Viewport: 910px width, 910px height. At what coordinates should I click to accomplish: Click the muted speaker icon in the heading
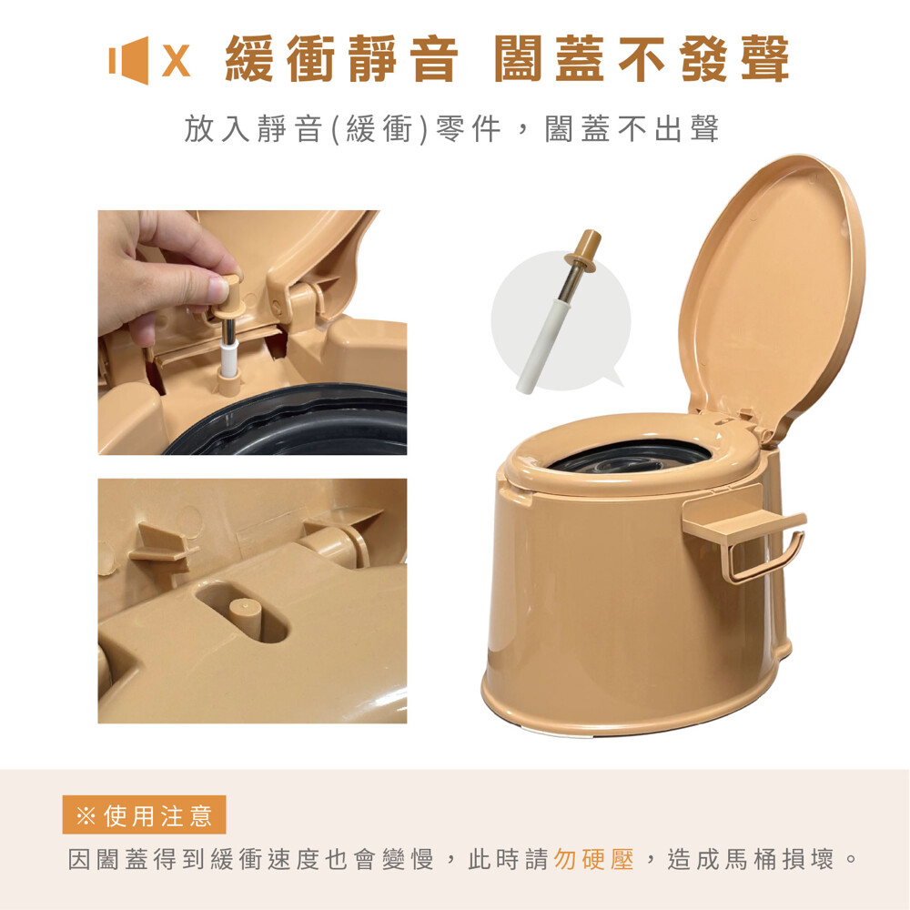(x=129, y=60)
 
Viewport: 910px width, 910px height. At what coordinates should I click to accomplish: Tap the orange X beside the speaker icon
(x=176, y=60)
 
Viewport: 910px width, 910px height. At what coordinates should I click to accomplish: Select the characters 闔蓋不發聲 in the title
(x=642, y=59)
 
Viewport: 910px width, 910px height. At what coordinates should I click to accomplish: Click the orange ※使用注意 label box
(x=144, y=814)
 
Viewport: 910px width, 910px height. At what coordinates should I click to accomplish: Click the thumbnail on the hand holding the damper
(x=218, y=289)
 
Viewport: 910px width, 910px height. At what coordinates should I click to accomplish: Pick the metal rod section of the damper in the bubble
(x=570, y=284)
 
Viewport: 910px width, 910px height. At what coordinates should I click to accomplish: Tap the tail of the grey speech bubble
(x=612, y=380)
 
